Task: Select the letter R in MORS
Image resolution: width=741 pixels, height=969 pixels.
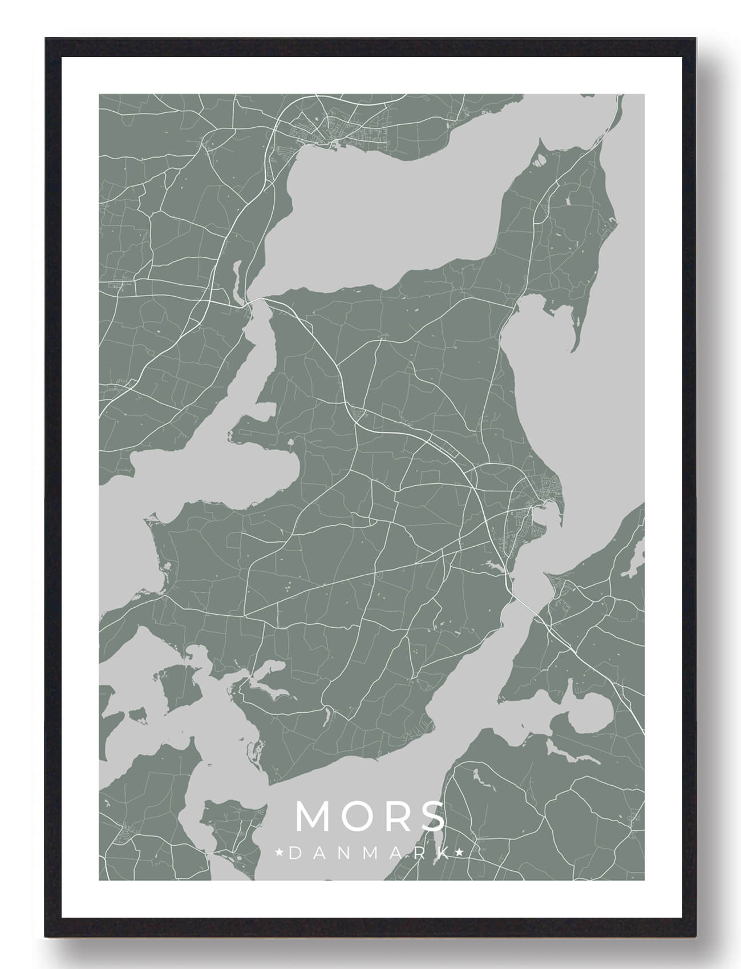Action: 395,817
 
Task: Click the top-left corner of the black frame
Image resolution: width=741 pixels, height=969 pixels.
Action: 46,39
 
